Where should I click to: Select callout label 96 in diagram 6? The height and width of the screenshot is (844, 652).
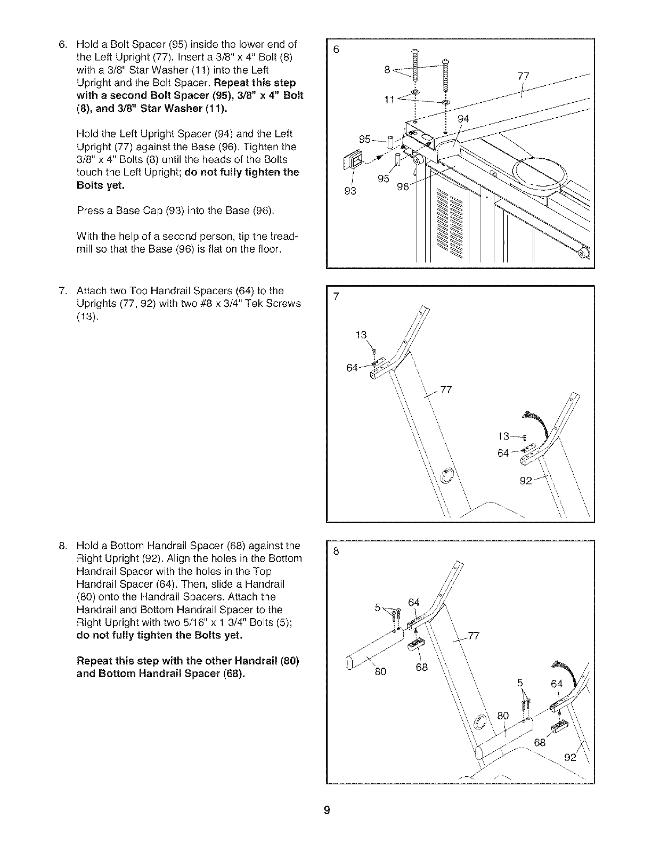pos(404,186)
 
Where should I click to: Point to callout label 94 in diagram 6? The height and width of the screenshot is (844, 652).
pos(463,119)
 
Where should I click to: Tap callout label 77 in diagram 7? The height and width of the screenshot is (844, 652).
pos(446,389)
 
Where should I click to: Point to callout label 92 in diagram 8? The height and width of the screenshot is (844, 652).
pos(570,758)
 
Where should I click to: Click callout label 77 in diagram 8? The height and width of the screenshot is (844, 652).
pos(473,635)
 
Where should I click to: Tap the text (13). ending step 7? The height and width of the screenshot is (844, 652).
pos(87,316)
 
